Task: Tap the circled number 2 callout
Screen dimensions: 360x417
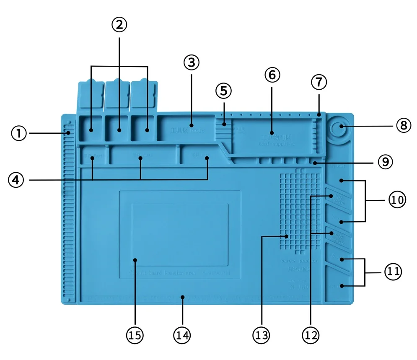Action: click(x=119, y=25)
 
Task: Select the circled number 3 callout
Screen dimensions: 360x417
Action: click(x=191, y=62)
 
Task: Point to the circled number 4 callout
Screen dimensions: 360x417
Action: click(x=16, y=180)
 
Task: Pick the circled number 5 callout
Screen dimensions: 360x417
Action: click(x=223, y=90)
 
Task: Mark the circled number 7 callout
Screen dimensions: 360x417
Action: click(x=319, y=82)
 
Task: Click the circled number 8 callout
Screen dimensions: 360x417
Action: click(x=403, y=126)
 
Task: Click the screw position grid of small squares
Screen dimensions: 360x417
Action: click(x=298, y=210)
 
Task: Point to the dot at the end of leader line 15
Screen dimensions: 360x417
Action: click(x=135, y=260)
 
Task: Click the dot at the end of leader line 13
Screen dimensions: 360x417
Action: click(x=287, y=237)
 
